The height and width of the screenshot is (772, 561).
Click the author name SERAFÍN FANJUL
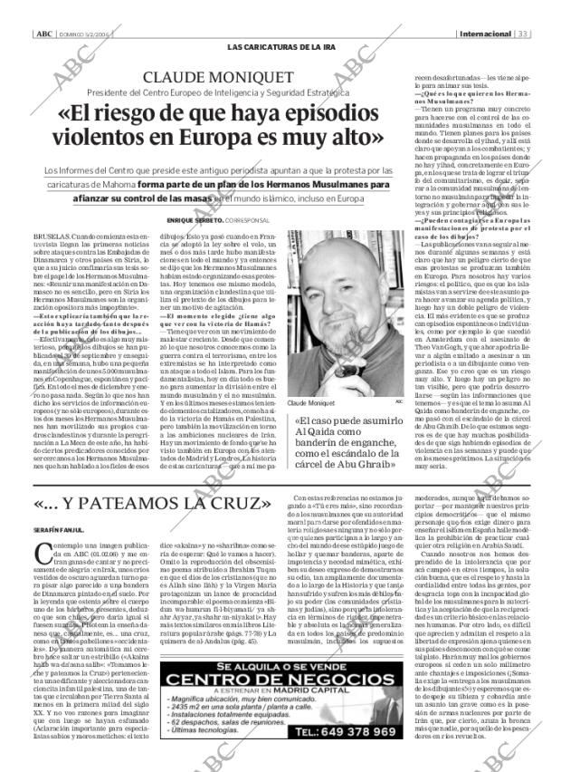[60, 529]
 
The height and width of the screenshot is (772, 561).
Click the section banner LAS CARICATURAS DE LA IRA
[280, 46]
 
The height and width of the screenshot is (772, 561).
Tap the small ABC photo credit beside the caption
[399, 400]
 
